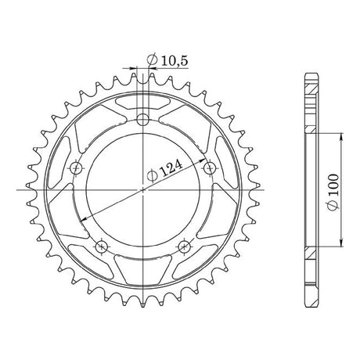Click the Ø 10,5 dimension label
167,61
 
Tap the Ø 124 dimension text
164,171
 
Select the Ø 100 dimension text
333,192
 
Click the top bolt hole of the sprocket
142,120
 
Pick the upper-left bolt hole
77,167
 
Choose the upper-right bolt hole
210,167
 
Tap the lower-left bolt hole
102,246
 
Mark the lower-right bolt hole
184,246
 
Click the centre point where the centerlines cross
143,190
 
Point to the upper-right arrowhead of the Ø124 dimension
202,160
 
